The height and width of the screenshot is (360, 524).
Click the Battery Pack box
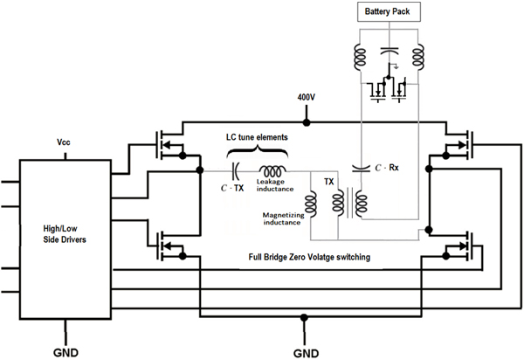[x=389, y=12]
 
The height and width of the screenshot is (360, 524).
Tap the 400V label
[x=307, y=98]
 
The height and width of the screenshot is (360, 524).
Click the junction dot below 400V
[x=307, y=122]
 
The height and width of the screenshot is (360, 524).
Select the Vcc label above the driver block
[x=64, y=142]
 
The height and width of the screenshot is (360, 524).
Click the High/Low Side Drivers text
[x=65, y=234]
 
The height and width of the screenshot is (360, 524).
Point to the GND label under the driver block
[x=65, y=353]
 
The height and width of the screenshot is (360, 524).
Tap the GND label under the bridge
[x=306, y=353]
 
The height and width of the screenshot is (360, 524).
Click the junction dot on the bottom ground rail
[x=304, y=317]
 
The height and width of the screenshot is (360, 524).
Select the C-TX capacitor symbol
[x=235, y=171]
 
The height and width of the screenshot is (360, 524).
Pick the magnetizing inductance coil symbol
[x=311, y=204]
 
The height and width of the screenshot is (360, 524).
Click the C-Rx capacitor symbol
[x=361, y=168]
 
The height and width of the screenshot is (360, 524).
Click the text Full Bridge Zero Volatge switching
[x=309, y=257]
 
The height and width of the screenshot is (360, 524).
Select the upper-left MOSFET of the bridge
[x=169, y=145]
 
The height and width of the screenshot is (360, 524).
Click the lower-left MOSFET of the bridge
[x=169, y=246]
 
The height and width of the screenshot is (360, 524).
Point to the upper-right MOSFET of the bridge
[x=458, y=145]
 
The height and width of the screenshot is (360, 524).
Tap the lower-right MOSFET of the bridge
[x=458, y=246]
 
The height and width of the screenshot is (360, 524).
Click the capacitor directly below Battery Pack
[x=390, y=51]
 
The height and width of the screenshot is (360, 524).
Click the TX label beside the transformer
[x=329, y=182]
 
